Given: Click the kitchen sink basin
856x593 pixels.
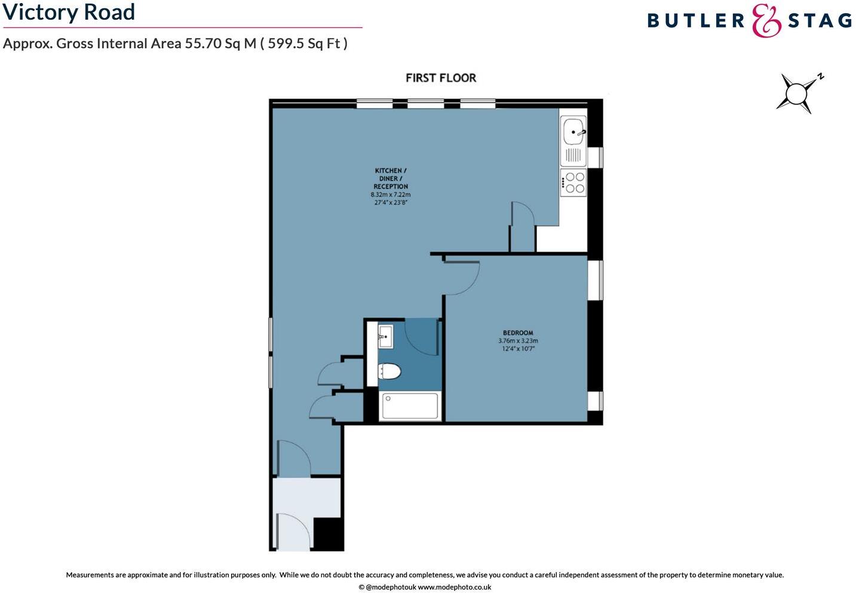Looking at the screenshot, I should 573,131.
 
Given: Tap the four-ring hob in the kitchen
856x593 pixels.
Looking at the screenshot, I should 574,183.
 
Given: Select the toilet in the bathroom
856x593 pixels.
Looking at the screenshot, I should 389,372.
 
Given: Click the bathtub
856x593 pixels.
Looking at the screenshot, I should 410,406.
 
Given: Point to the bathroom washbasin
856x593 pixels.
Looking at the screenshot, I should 384,337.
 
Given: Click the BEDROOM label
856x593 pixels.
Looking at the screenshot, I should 518,333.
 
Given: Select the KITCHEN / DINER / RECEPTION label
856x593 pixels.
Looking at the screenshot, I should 391,179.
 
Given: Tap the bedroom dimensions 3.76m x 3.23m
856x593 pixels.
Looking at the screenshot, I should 518,341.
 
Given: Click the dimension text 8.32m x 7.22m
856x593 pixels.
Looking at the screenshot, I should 391,195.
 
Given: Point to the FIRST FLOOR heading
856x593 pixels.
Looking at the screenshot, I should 441,78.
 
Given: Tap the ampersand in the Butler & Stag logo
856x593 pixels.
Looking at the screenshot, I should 766,21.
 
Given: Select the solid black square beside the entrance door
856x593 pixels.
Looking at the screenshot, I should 328,533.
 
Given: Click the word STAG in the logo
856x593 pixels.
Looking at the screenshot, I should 820,21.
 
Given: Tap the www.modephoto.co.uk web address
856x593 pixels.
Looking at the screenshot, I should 454,587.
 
